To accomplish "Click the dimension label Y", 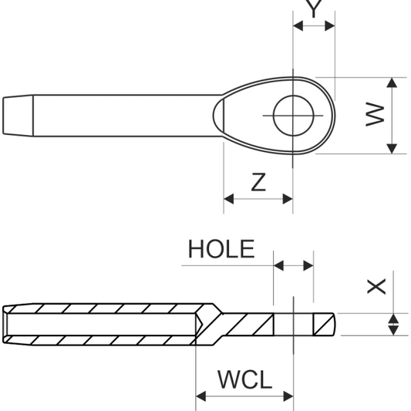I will (x=314, y=8).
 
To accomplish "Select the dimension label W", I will (x=375, y=116).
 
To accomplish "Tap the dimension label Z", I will (x=258, y=182).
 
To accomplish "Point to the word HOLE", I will (x=221, y=249).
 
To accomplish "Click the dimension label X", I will (x=376, y=287).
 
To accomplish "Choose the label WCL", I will (x=244, y=379).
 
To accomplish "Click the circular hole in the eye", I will (x=293, y=116).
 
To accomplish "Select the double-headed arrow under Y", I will (x=314, y=26).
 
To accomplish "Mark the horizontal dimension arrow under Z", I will (x=258, y=199).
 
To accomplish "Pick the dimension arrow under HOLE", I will (x=294, y=266).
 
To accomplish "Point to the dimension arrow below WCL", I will (x=244, y=396).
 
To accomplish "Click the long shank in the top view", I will (x=123, y=116).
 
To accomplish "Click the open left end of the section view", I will (x=5, y=324).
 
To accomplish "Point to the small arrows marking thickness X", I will (x=393, y=324).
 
